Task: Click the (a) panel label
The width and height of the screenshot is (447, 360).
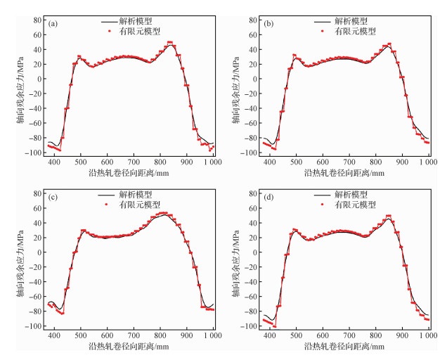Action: click(53, 23)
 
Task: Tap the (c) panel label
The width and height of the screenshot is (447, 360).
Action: click(53, 198)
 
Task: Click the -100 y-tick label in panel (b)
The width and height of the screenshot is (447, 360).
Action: click(249, 152)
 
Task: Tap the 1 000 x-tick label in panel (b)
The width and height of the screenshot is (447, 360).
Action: click(425, 162)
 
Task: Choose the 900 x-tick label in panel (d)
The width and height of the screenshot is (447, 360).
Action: click(402, 335)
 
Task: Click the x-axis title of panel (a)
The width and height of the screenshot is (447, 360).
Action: click(130, 172)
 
